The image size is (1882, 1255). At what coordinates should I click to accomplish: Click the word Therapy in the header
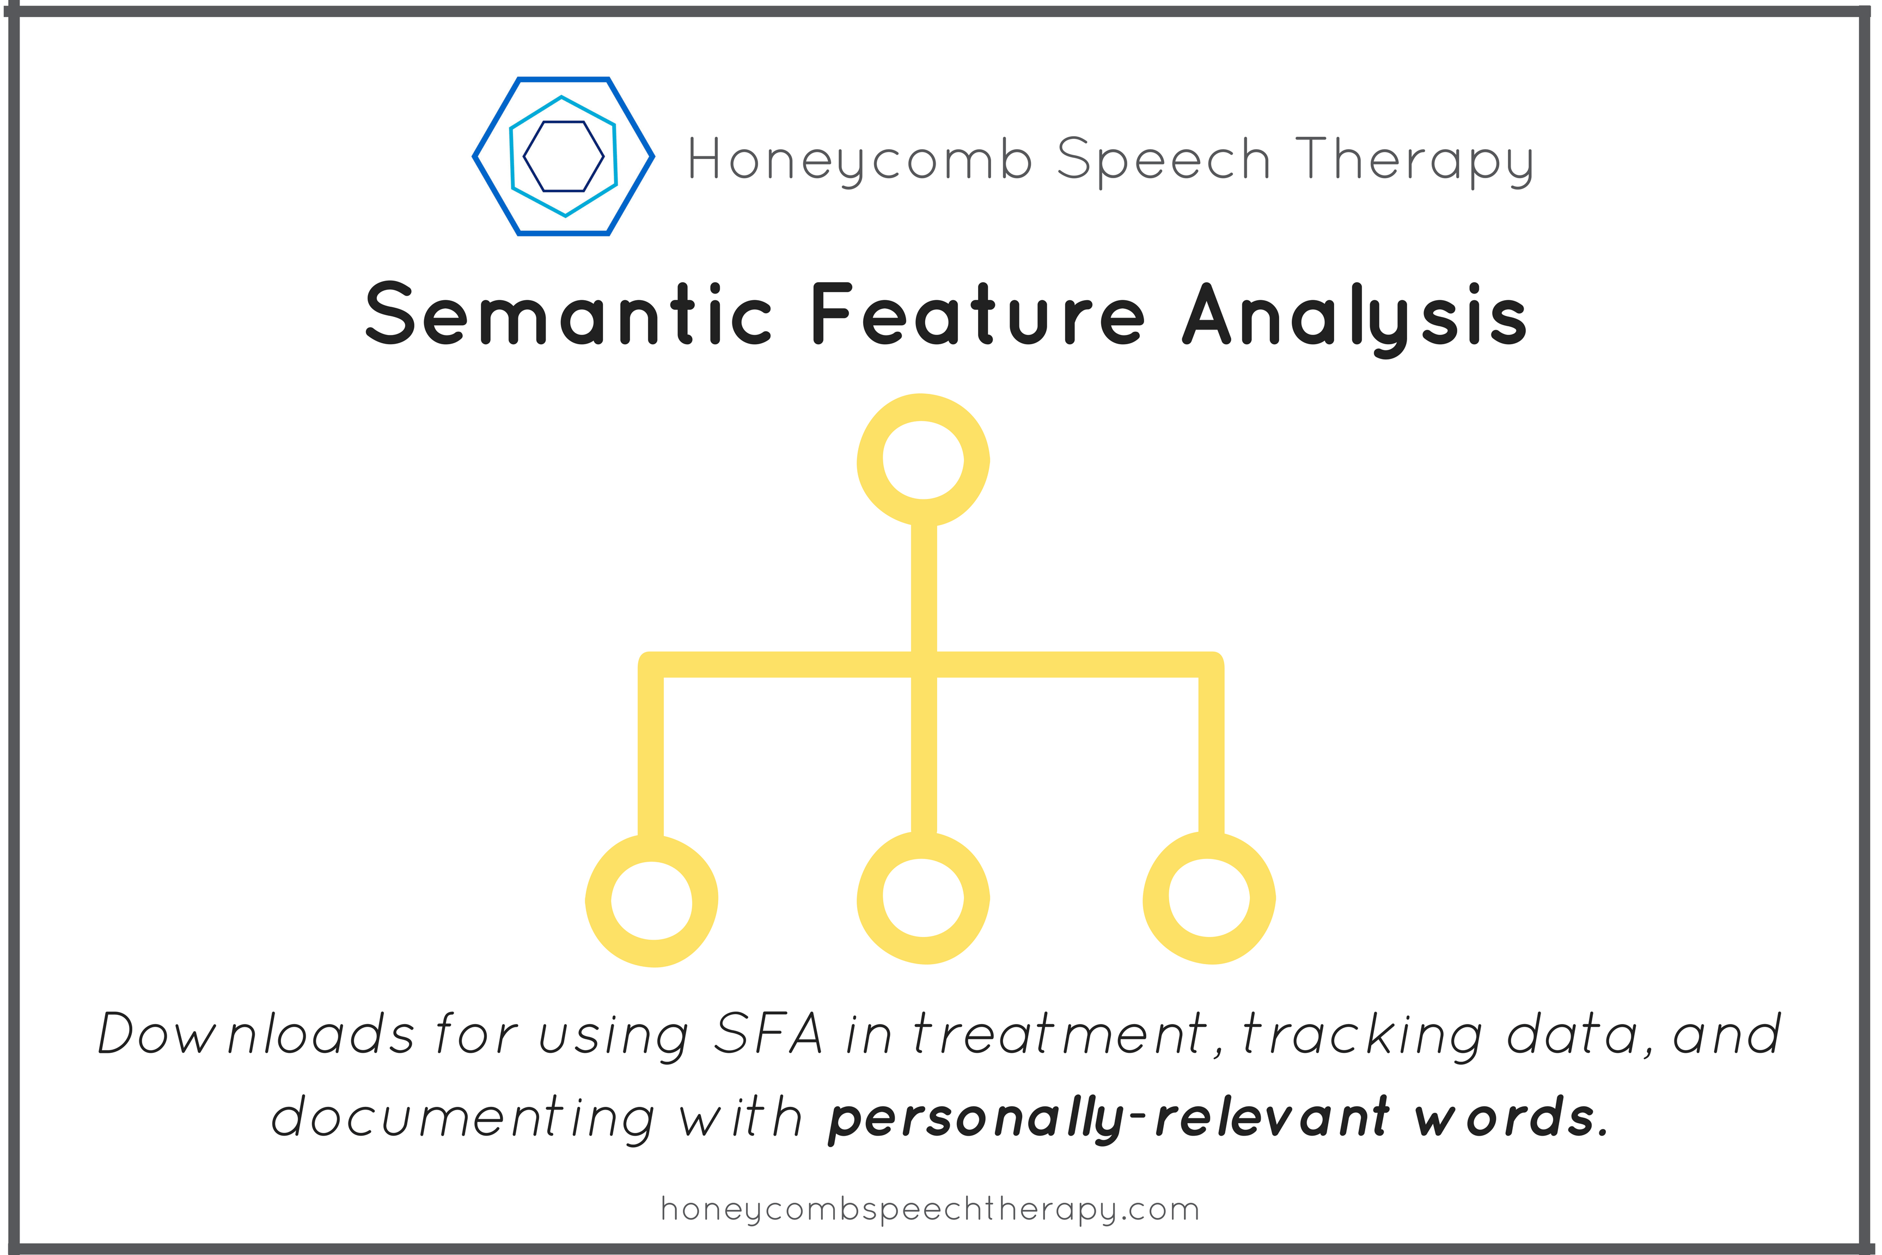1414,160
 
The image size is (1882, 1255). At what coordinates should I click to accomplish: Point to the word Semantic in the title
568,314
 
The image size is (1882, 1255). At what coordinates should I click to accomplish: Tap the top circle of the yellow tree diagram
924,460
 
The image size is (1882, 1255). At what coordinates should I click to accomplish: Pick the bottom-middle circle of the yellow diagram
924,898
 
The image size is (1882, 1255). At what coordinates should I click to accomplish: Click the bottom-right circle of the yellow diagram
1209,898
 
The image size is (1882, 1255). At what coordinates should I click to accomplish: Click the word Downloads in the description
256,1034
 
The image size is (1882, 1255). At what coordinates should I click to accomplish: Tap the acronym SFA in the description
767,1034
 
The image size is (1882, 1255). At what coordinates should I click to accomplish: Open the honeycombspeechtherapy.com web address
930,1209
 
